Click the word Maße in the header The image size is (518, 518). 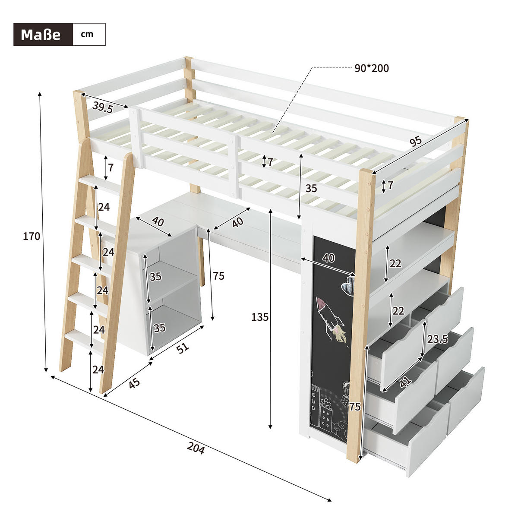click(x=41, y=35)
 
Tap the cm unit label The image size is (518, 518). click(x=87, y=34)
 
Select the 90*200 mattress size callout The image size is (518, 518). click(x=372, y=68)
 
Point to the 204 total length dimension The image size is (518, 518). click(x=196, y=448)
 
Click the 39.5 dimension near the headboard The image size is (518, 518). click(x=103, y=107)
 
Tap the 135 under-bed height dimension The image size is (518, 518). click(x=260, y=317)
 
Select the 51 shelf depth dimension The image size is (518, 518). click(x=183, y=347)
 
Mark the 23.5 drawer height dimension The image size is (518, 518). click(x=438, y=339)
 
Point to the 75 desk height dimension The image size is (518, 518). click(x=219, y=276)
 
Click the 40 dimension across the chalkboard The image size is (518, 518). click(x=328, y=258)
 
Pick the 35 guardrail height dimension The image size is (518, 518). click(x=311, y=188)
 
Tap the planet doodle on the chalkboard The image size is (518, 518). click(x=347, y=285)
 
